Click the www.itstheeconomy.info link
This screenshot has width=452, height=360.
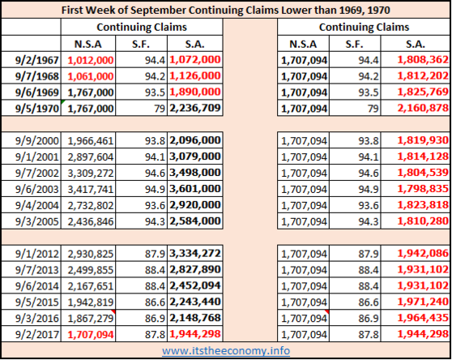click(x=226, y=351)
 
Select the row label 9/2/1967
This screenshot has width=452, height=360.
click(x=37, y=60)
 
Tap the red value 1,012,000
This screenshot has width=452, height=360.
click(x=91, y=60)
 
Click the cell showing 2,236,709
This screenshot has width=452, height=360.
click(x=195, y=108)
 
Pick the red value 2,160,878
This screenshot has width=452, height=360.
click(x=423, y=108)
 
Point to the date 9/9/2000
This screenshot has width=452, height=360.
click(x=37, y=141)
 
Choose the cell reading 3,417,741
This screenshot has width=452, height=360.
click(x=91, y=189)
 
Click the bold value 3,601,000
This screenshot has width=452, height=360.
click(x=195, y=189)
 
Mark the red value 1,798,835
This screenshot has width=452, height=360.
click(x=423, y=189)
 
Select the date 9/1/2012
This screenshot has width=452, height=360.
click(x=37, y=254)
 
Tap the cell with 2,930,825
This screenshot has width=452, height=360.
click(x=91, y=254)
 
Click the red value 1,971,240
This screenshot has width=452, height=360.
click(x=423, y=302)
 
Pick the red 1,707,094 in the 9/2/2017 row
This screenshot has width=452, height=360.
click(x=91, y=335)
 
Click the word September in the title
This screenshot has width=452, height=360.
click(x=158, y=11)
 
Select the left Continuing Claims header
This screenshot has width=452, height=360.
click(x=142, y=27)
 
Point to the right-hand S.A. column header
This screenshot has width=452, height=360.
click(x=416, y=44)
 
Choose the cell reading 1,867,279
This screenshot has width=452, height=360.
click(x=91, y=319)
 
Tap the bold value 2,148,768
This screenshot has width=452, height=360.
click(x=195, y=318)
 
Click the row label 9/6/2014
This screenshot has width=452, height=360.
click(x=37, y=286)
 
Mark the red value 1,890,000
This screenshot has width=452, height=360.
click(x=195, y=92)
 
